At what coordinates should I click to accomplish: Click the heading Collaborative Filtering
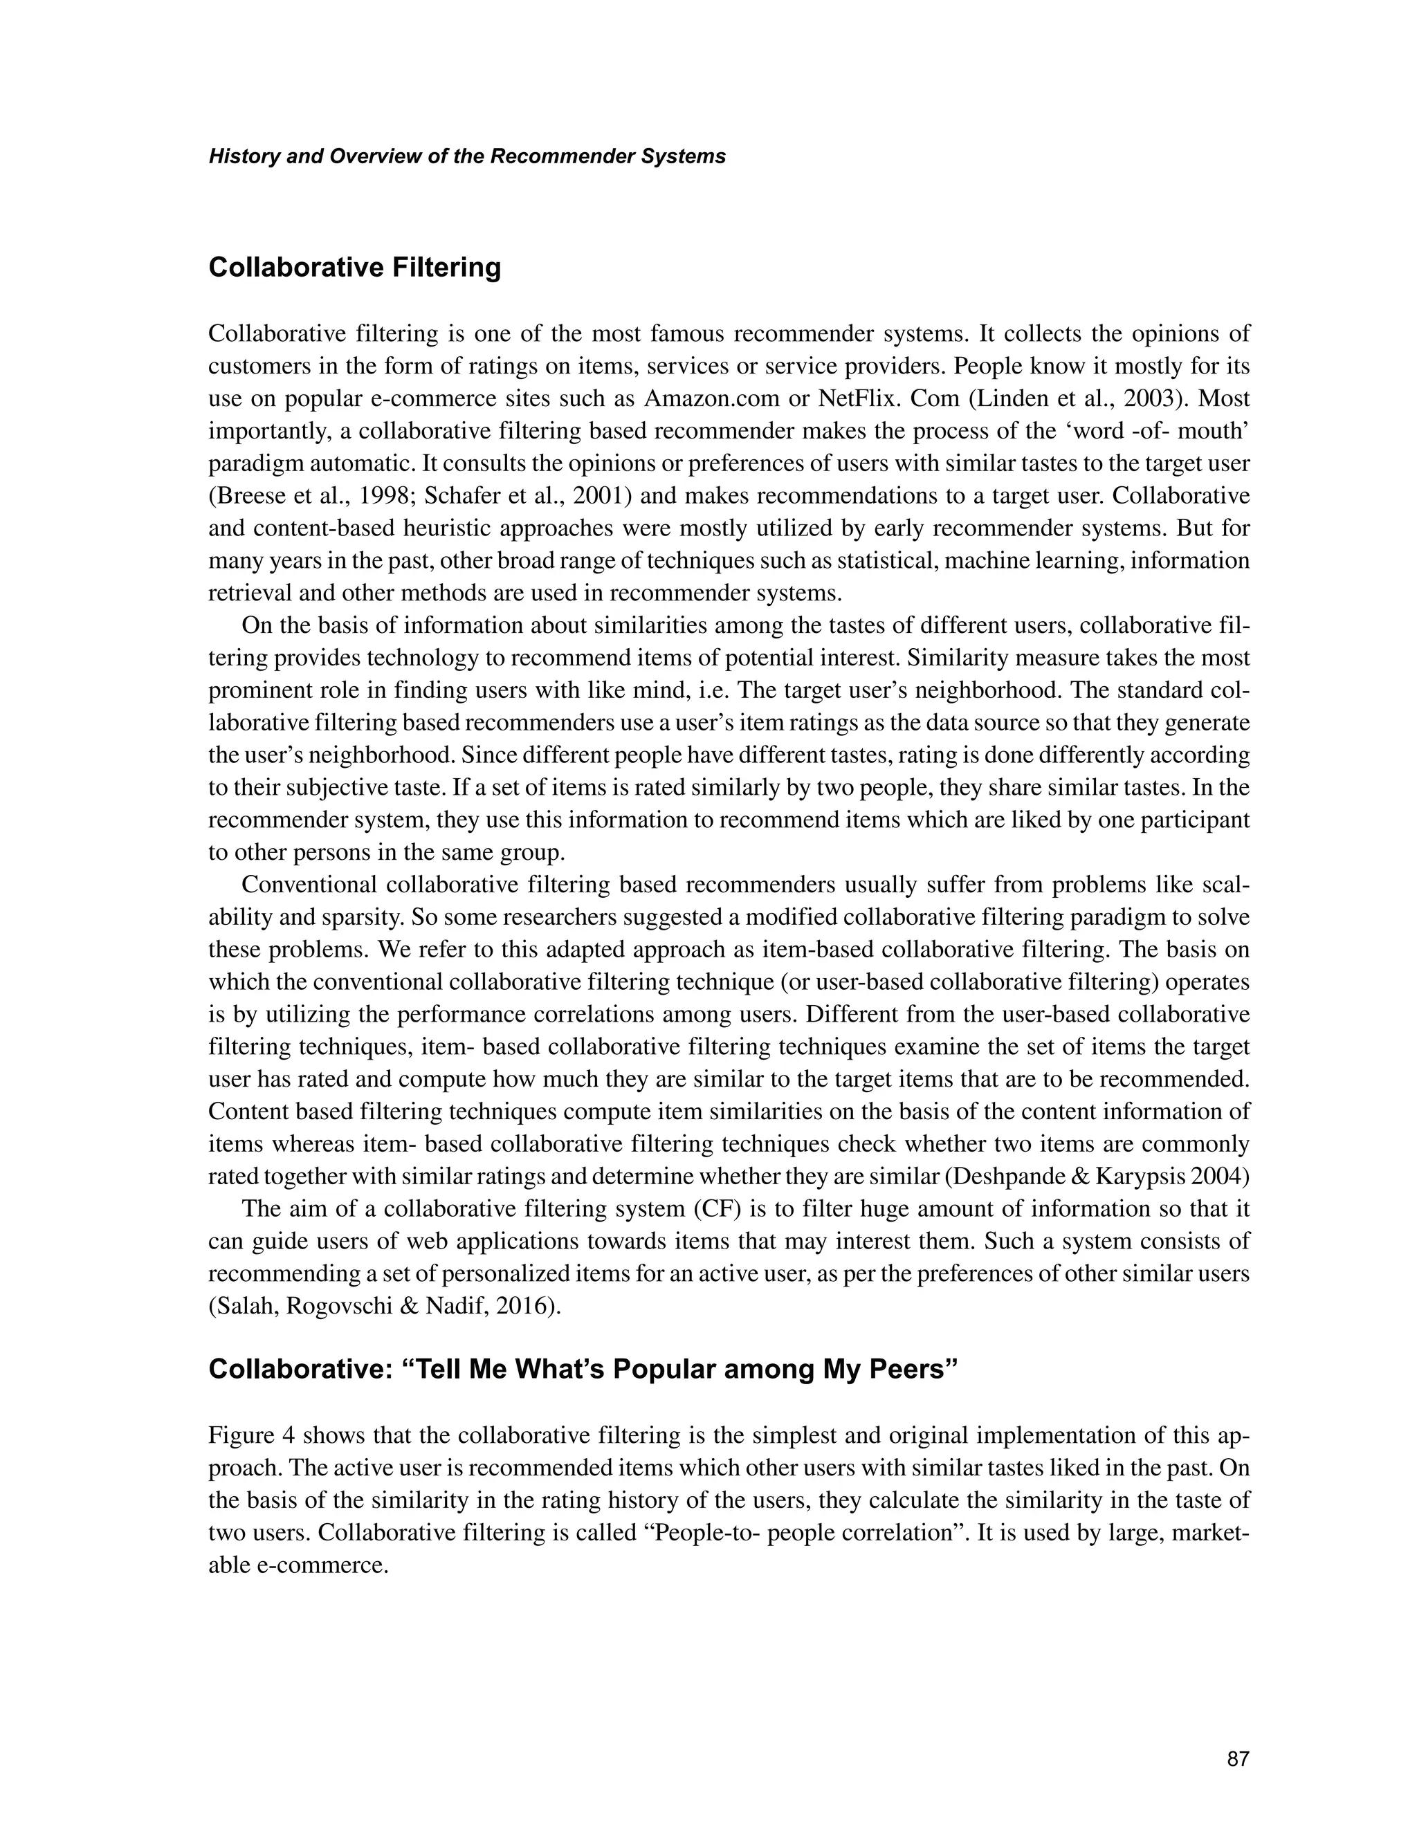click(x=354, y=268)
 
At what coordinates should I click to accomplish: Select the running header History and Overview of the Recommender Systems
click(x=467, y=157)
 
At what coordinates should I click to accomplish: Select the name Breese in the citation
click(x=248, y=495)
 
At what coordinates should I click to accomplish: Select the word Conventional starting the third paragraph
click(x=307, y=885)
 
